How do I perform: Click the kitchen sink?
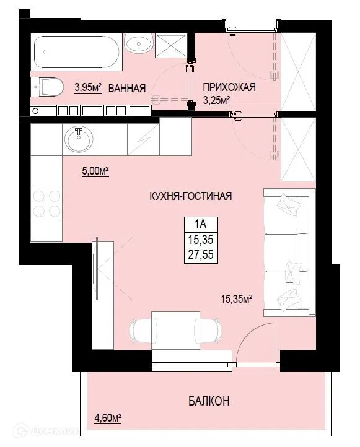[x=79, y=140]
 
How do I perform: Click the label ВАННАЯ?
[x=127, y=89]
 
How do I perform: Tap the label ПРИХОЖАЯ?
[x=229, y=88]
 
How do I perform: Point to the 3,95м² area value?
[x=89, y=87]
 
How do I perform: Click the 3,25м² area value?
[x=217, y=100]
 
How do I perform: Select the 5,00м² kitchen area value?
[x=95, y=171]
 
